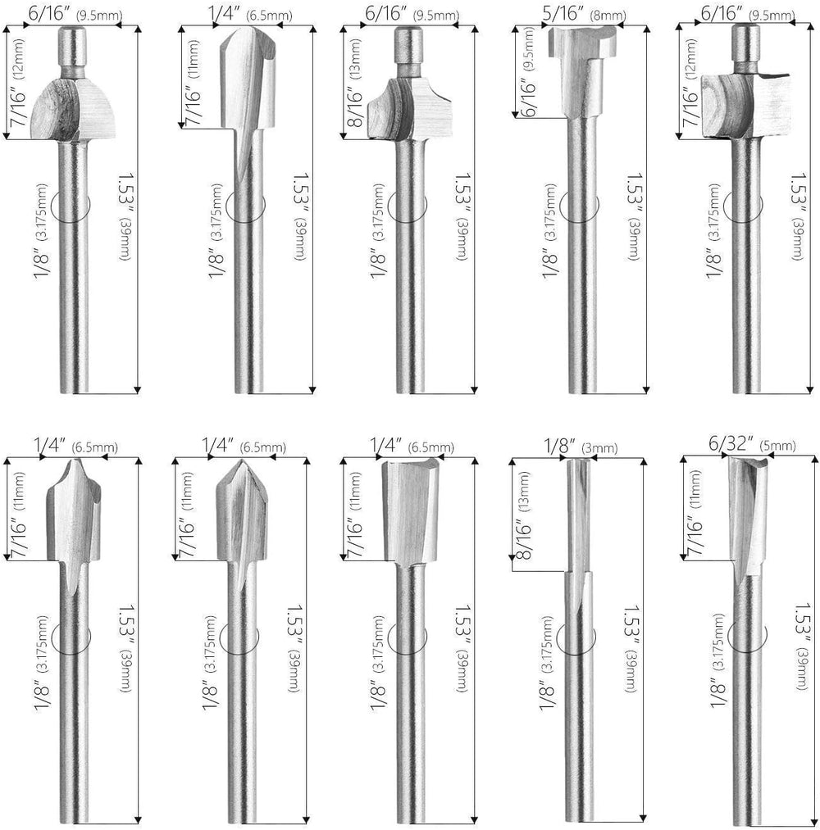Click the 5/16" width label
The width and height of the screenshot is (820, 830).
tap(560, 14)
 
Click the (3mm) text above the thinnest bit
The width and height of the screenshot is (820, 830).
tap(599, 448)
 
